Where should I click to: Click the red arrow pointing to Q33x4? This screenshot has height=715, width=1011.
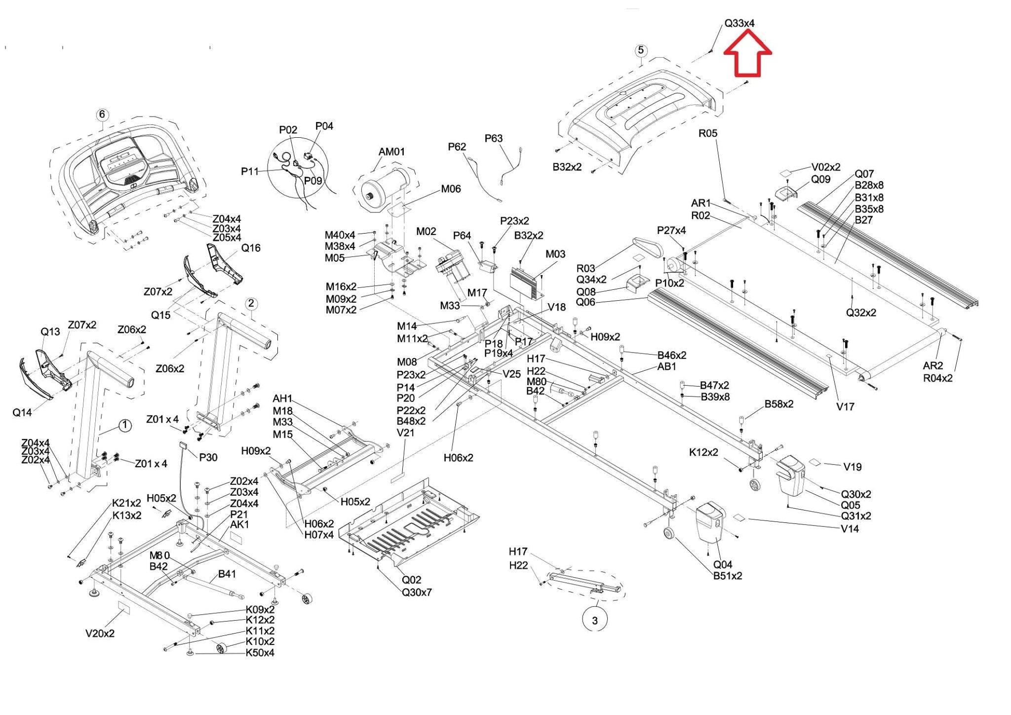(747, 53)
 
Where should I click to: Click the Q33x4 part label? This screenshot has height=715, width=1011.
(739, 23)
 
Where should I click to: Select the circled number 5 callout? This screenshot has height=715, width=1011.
(641, 50)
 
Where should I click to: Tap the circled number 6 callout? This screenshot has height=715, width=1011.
(102, 115)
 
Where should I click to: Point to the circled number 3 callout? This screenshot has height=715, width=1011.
(594, 620)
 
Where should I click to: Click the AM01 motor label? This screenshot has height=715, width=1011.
(391, 152)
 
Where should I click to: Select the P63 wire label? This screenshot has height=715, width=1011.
(493, 138)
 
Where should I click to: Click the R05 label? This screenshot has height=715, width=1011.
(707, 133)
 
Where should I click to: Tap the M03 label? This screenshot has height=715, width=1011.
(555, 254)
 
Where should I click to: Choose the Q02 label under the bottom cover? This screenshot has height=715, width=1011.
(411, 580)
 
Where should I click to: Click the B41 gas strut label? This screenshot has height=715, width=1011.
(227, 574)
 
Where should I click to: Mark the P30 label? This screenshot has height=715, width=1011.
(208, 458)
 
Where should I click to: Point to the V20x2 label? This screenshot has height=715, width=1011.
(100, 634)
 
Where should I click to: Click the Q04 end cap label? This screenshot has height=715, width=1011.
(723, 564)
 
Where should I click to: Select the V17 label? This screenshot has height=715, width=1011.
(845, 407)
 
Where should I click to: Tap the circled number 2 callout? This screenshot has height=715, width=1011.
(251, 303)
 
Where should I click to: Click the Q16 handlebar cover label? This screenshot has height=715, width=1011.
(251, 248)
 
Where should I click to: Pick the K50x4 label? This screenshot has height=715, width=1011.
(260, 653)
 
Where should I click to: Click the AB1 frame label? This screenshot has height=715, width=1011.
(667, 366)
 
